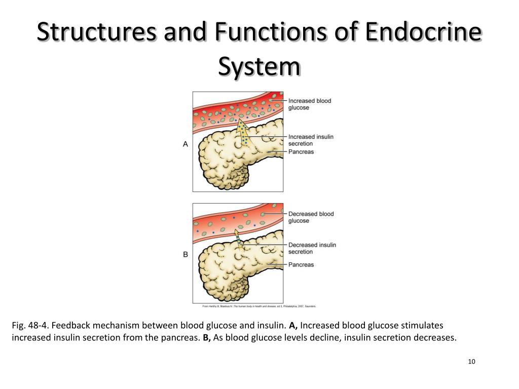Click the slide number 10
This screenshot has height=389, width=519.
click(471, 361)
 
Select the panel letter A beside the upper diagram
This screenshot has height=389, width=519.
click(186, 144)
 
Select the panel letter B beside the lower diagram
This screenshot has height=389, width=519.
click(186, 254)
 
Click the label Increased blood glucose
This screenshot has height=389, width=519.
click(310, 104)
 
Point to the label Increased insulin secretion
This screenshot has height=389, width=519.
click(311, 140)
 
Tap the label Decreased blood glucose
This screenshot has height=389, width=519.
click(311, 217)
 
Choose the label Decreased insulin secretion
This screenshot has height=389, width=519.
click(312, 248)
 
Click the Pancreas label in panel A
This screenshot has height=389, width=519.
click(301, 152)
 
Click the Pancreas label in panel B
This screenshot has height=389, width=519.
click(301, 264)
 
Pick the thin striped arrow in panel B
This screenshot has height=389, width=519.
click(239, 238)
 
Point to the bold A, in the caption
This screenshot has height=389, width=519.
click(293, 325)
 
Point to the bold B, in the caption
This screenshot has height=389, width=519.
click(207, 337)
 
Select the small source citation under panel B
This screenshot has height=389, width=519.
click(258, 306)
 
